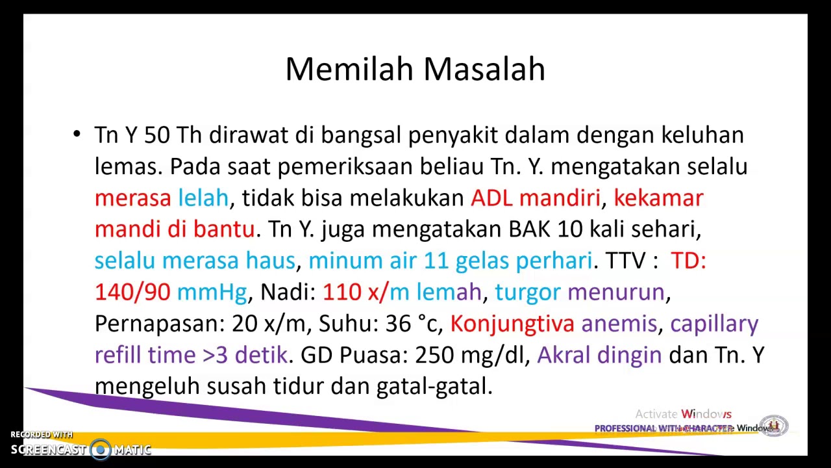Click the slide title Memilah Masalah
pyautogui.click(x=415, y=69)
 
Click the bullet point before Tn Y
pyautogui.click(x=77, y=135)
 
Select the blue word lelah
pyautogui.click(x=203, y=198)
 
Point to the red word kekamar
pyautogui.click(x=658, y=198)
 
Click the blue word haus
pyautogui.click(x=269, y=261)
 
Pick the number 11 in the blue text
pyautogui.click(x=436, y=261)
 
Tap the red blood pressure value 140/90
pyautogui.click(x=132, y=292)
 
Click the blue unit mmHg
pyautogui.click(x=212, y=292)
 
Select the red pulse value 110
pyautogui.click(x=341, y=292)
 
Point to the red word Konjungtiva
pyautogui.click(x=512, y=323)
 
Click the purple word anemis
pyautogui.click(x=619, y=323)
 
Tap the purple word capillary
pyautogui.click(x=714, y=323)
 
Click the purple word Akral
pyautogui.click(x=564, y=355)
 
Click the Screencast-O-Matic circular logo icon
pyautogui.click(x=101, y=449)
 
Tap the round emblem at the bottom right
pyautogui.click(x=773, y=426)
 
